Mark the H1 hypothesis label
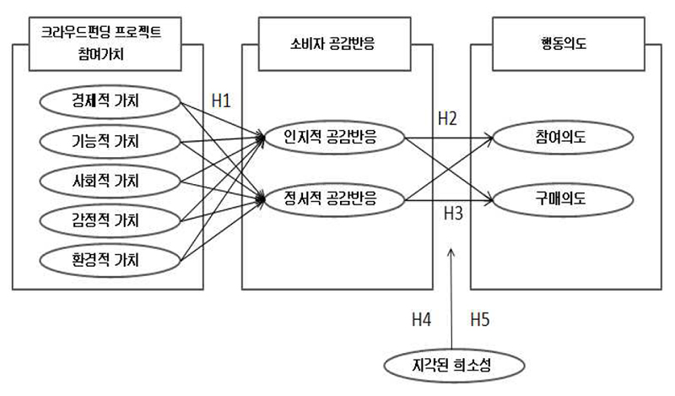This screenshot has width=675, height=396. (x=221, y=100)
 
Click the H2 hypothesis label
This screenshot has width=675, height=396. (x=447, y=118)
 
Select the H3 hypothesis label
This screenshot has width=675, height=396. (x=453, y=214)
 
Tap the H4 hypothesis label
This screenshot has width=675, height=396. (x=421, y=320)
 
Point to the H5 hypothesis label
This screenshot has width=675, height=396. (x=480, y=320)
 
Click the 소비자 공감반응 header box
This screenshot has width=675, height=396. (x=334, y=44)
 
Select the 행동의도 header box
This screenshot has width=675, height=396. (x=569, y=44)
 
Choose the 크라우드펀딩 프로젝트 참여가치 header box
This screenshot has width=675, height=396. (x=105, y=44)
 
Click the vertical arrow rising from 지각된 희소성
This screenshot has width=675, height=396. (x=451, y=298)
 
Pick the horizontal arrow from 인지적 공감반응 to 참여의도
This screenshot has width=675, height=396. (x=449, y=138)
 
